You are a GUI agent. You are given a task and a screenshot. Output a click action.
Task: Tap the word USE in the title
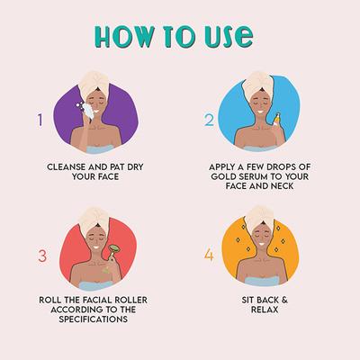229,37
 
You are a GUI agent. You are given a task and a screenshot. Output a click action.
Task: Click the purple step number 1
40,120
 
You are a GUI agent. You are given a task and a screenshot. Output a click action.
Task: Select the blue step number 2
210,120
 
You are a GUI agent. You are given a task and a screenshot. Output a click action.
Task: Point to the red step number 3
42,256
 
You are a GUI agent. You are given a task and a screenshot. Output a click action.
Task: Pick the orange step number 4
209,256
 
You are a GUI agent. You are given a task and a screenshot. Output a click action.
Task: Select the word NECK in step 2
281,186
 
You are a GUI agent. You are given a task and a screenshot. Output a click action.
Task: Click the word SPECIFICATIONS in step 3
94,319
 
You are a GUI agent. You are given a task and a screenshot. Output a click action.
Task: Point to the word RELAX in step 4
265,310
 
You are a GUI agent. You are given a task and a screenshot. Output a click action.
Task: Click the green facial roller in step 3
112,252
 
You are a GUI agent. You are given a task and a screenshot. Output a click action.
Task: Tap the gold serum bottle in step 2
276,119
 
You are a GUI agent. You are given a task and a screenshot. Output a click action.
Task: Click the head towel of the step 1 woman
94,83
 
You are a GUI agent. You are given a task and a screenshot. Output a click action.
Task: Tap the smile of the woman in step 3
95,247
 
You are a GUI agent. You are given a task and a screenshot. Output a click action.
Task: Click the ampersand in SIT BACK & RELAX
284,300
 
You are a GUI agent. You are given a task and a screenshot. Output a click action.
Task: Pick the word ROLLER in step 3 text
131,300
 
